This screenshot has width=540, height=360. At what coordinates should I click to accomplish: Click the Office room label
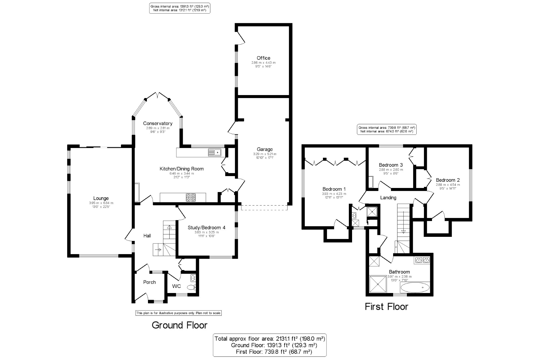click(263, 58)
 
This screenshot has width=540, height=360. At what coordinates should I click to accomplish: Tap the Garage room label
click(265, 149)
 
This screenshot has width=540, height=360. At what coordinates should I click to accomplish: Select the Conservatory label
click(158, 123)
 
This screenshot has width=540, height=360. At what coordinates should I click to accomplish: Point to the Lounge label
click(101, 198)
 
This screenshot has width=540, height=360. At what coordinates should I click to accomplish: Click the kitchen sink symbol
click(215, 153)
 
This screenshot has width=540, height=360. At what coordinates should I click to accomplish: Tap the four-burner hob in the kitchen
click(191, 197)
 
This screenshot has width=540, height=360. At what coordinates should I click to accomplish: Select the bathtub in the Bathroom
click(415, 287)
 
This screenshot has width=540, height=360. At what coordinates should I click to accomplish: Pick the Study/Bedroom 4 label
click(207, 228)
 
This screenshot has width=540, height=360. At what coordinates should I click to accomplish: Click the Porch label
click(149, 282)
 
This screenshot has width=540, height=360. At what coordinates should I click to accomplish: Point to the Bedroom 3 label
click(391, 165)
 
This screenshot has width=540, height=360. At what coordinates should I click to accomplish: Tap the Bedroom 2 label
click(448, 180)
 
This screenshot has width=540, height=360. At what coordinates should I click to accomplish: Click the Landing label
click(388, 198)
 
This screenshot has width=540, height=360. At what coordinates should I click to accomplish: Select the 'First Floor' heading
click(386, 307)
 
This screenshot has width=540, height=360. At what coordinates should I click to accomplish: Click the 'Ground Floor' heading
click(180, 325)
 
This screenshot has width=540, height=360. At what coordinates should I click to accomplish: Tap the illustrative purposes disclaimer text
click(178, 313)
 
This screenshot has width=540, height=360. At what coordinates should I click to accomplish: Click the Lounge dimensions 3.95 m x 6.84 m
click(101, 203)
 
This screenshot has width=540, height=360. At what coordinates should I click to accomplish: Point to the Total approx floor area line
click(270, 339)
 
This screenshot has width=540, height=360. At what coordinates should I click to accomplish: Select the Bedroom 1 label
click(334, 189)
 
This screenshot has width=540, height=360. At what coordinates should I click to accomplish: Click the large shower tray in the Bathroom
click(378, 284)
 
